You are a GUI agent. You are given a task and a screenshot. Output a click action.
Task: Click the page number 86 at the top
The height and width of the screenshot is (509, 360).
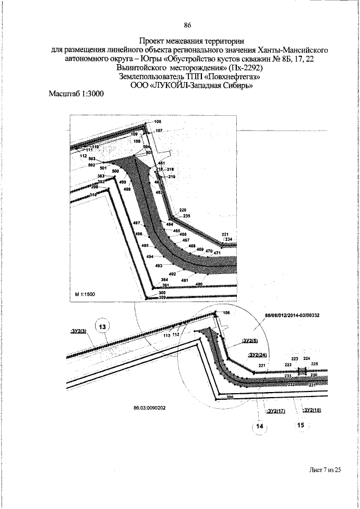click(188, 25)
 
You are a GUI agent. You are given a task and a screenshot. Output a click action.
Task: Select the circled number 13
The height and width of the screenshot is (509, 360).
click(103, 326)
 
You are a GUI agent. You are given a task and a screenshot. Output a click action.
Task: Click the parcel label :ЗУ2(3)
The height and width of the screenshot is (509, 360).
click(78, 331)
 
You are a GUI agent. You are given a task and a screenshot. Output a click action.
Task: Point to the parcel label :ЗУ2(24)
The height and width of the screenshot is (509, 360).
click(256, 355)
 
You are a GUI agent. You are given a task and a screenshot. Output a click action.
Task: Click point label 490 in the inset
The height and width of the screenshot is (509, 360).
click(199, 285)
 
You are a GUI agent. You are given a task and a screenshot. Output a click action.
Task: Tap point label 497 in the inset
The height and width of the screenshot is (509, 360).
click(137, 224)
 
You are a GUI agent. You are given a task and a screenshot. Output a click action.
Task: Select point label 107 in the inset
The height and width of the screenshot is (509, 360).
click(159, 130)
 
